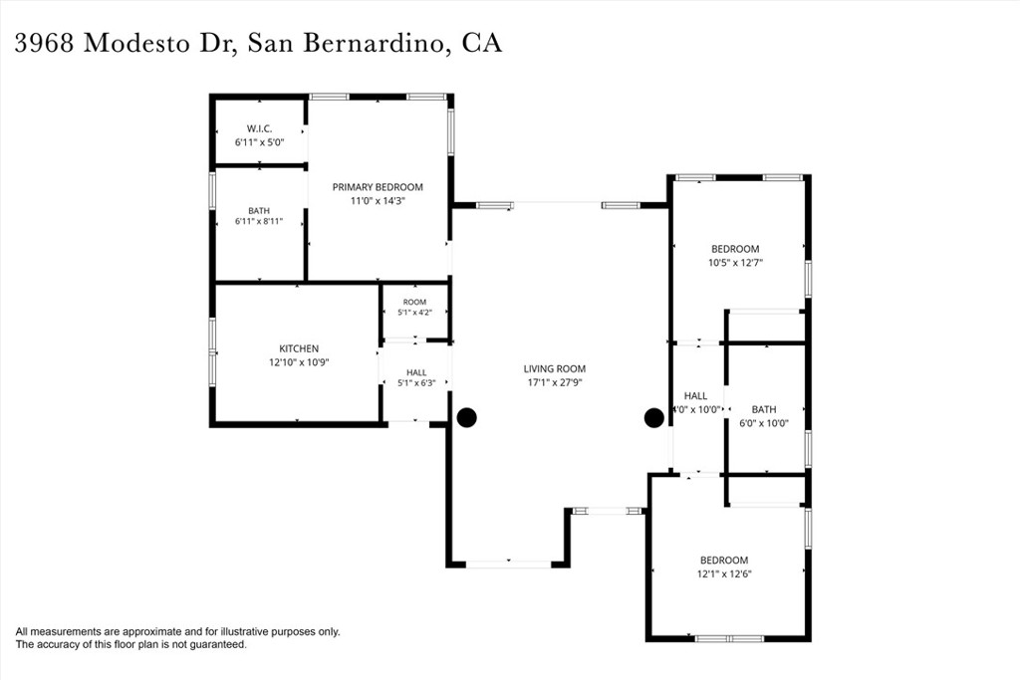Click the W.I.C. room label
260,128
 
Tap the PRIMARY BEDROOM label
378,187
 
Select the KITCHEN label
299,348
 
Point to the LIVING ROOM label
554,368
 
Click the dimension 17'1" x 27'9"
554,382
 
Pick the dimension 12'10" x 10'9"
299,362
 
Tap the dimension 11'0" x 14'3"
378,201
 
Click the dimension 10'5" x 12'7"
736,263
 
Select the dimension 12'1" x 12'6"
725,574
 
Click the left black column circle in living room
466,417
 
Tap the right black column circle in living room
653,418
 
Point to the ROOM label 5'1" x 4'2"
414,302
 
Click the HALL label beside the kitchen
416,372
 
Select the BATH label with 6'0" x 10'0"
764,409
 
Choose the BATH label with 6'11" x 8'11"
259,211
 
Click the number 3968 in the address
44,44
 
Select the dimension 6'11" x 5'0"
260,141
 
